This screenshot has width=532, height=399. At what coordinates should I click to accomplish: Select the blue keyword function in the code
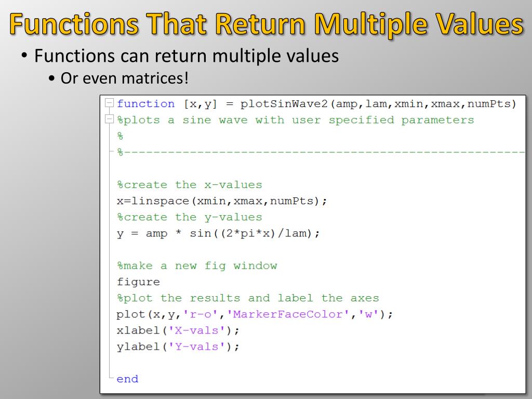tap(145, 104)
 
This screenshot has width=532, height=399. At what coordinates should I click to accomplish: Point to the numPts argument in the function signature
tap(489, 104)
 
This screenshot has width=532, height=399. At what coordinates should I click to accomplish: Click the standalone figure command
tap(138, 282)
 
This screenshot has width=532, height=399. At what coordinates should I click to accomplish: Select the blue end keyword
tap(127, 379)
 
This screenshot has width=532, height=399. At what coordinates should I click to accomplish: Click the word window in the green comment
tap(255, 266)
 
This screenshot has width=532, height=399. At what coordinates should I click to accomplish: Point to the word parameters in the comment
tap(437, 121)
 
